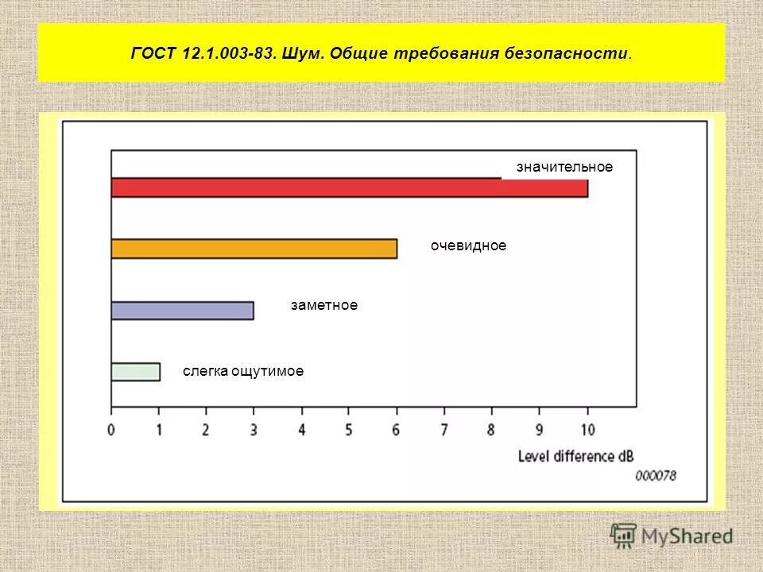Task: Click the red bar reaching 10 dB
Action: [350, 188]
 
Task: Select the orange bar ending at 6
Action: [254, 249]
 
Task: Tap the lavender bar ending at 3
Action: [182, 310]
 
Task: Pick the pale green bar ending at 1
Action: [136, 372]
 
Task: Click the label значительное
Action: [564, 167]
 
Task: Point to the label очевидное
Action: [468, 245]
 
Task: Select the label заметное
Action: [323, 305]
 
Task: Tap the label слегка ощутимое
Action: [243, 371]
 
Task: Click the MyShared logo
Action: [672, 536]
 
